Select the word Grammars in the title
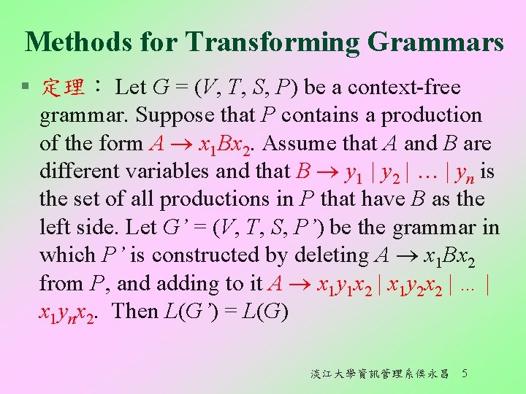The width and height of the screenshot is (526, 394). [436, 42]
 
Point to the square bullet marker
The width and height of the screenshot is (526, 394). [26, 88]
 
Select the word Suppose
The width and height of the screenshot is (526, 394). [169, 115]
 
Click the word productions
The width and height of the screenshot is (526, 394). [208, 199]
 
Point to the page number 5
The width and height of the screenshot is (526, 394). [465, 374]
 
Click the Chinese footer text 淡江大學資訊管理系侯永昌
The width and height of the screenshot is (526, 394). [380, 374]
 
